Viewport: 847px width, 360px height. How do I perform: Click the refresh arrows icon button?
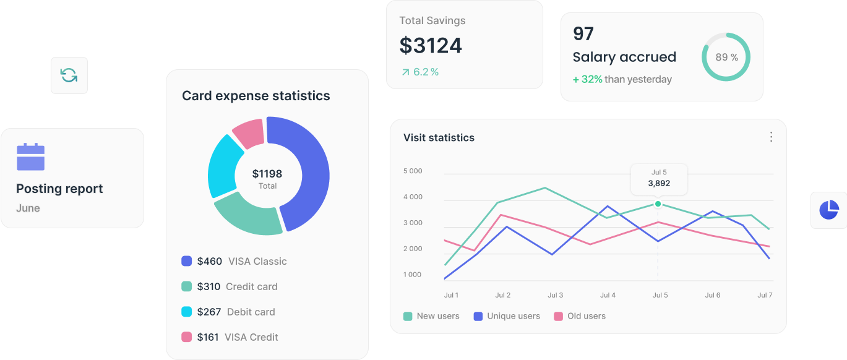(69, 75)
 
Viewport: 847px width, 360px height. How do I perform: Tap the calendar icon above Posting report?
(30, 157)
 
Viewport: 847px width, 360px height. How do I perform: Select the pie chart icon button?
(828, 210)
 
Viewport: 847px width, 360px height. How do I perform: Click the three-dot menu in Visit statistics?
(771, 137)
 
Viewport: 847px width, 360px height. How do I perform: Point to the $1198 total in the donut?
(267, 174)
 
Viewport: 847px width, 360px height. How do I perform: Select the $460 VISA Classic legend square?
(186, 261)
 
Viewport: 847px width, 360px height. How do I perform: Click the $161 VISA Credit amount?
(209, 337)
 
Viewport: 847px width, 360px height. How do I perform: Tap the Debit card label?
(251, 312)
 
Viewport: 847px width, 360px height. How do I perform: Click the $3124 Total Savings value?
(431, 45)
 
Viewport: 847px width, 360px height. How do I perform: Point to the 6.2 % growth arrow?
(406, 72)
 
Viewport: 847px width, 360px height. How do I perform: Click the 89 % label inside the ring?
(726, 58)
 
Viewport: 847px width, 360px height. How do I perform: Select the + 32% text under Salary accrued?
(587, 79)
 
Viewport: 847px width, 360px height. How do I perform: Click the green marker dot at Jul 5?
(658, 204)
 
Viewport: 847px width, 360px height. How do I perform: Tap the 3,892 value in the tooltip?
(659, 183)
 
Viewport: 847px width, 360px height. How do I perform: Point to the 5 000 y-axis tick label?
(413, 171)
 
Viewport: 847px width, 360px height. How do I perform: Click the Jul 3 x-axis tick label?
(555, 295)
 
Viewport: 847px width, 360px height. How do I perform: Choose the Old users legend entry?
(580, 316)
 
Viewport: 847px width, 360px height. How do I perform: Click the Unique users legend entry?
(507, 316)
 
